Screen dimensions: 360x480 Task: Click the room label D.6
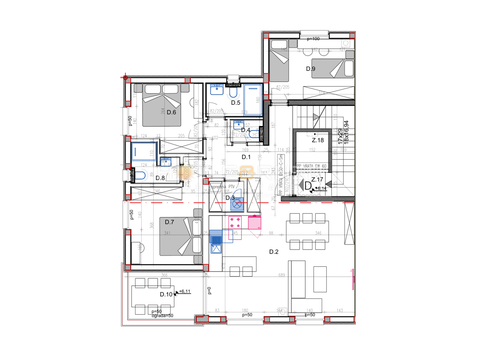tap(172, 112)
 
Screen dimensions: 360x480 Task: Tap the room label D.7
tap(169, 222)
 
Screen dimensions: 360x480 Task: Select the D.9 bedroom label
tap(310, 69)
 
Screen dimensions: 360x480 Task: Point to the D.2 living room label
tap(274, 252)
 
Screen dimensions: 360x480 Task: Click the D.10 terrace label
tap(166, 294)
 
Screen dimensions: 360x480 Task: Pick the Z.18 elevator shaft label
tap(318, 140)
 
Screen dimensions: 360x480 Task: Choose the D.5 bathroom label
tap(236, 103)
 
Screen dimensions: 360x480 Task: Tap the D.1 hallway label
tap(246, 157)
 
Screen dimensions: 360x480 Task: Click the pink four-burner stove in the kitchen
tap(236, 223)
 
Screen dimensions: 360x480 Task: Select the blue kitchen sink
tap(216, 240)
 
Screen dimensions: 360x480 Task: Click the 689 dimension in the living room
tap(282, 275)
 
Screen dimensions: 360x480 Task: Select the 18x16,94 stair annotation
tap(346, 132)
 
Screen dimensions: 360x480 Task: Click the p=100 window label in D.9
tap(313, 39)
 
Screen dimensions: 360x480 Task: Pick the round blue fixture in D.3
tap(237, 204)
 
